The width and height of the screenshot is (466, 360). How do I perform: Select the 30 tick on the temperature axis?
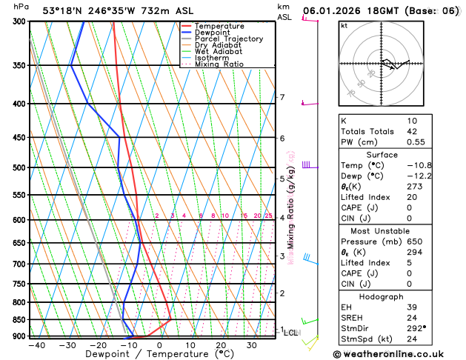(x=252, y=344)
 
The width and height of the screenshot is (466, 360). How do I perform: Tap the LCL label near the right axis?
(x=291, y=333)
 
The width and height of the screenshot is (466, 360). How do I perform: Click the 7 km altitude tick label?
(x=282, y=97)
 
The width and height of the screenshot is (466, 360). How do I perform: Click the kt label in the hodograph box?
(x=344, y=26)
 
